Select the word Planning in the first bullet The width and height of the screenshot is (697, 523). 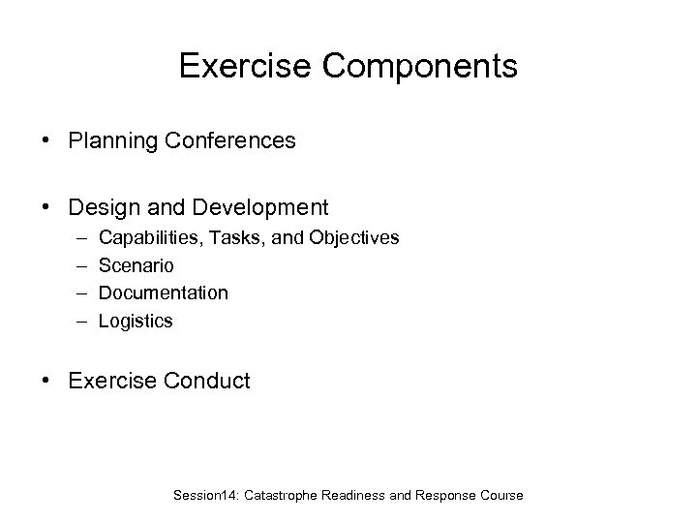(x=107, y=141)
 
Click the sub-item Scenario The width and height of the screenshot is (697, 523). (x=137, y=264)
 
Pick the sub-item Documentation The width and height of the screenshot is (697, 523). (x=164, y=292)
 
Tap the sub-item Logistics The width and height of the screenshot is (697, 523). (x=136, y=321)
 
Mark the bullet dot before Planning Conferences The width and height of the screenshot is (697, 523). (x=46, y=142)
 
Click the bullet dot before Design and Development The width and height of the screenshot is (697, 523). (x=46, y=208)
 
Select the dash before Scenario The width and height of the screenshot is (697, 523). (x=77, y=265)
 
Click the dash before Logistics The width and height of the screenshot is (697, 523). (x=77, y=322)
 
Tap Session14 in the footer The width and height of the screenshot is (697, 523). (x=205, y=495)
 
